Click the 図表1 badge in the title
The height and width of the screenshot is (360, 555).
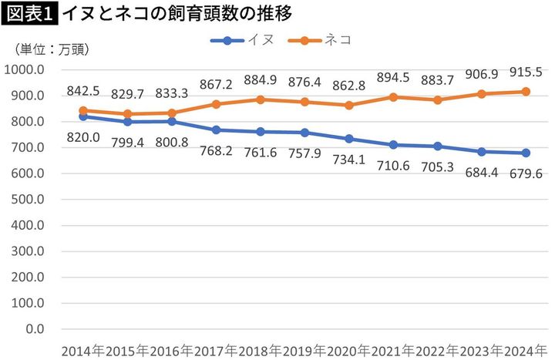pos(29,13)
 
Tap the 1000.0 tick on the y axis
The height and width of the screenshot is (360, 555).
pos(25,69)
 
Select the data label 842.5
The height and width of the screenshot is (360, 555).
pos(83,91)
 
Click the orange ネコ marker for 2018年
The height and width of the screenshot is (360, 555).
pos(261,99)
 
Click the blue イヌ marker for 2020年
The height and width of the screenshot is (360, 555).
pos(349,139)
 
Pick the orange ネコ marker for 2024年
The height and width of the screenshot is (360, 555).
pos(526,92)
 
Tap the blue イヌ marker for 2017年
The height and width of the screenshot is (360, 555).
pos(217,130)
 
